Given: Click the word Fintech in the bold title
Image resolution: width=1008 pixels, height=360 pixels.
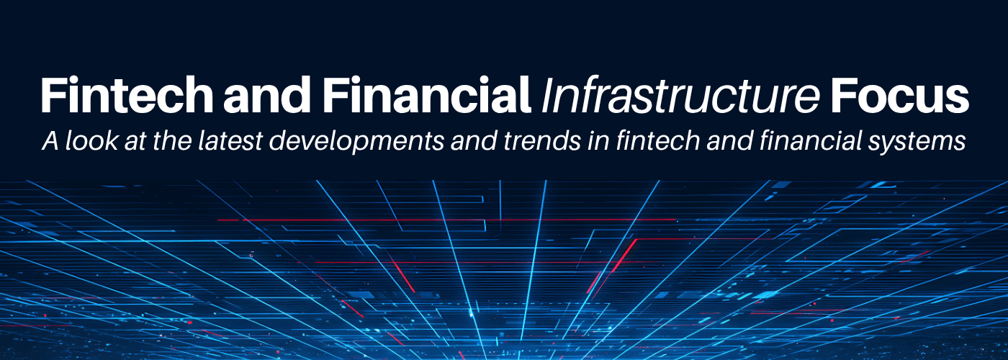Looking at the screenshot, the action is click(x=127, y=95).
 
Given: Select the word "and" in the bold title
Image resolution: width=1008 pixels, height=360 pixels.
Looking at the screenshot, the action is click(x=267, y=95).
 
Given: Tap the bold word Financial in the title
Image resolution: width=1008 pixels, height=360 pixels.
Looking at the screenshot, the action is click(x=426, y=95).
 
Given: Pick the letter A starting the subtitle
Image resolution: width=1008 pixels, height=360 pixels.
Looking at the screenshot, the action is click(x=51, y=141).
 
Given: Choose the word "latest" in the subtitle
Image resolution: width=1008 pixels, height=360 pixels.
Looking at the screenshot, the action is click(x=230, y=140).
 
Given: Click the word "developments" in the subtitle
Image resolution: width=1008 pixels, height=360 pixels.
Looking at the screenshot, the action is click(x=356, y=143).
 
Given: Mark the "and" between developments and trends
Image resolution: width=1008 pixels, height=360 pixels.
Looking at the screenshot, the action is click(x=474, y=140).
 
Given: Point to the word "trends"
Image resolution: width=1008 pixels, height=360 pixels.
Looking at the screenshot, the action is click(x=541, y=140).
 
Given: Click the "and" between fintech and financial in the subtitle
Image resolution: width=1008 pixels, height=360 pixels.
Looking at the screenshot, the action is click(x=729, y=140).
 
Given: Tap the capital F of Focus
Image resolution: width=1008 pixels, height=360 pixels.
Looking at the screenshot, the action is click(x=843, y=95).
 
